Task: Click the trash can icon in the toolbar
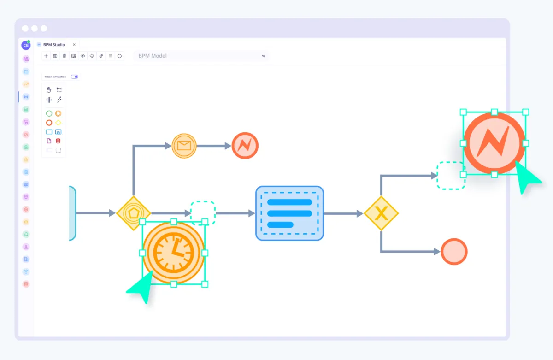64,56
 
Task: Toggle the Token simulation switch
74,77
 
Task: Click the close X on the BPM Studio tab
74,45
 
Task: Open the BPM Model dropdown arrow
264,56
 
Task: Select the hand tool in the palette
49,90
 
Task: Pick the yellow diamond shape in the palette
58,123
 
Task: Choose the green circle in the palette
49,113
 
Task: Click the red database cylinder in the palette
58,141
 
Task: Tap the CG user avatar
26,45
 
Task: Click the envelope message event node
184,146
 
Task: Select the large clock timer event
173,253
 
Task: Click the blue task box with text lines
289,213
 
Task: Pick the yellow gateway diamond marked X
381,213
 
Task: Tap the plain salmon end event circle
454,252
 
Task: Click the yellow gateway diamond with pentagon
133,213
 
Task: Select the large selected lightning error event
494,143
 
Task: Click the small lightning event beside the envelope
245,146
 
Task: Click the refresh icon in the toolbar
119,56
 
